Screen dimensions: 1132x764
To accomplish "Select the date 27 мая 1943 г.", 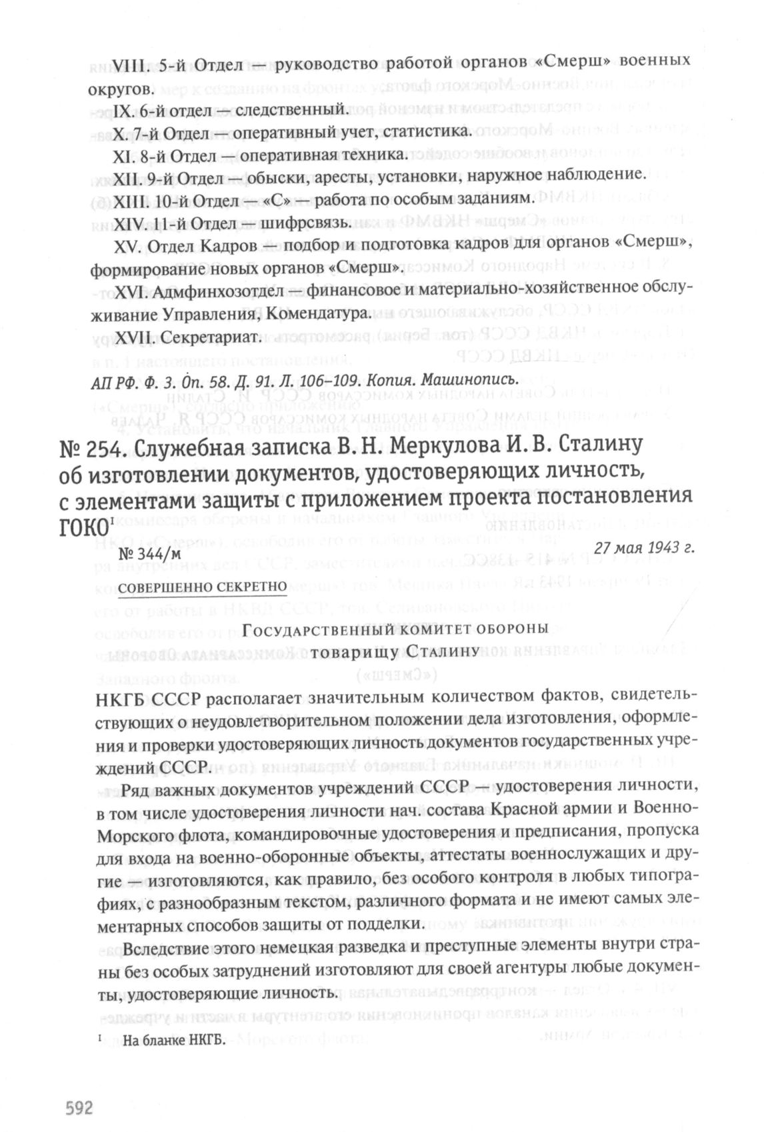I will coord(645,547).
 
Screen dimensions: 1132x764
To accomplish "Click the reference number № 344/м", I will coord(149,553).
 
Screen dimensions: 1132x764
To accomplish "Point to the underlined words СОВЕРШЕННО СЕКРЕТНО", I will coord(202,587).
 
